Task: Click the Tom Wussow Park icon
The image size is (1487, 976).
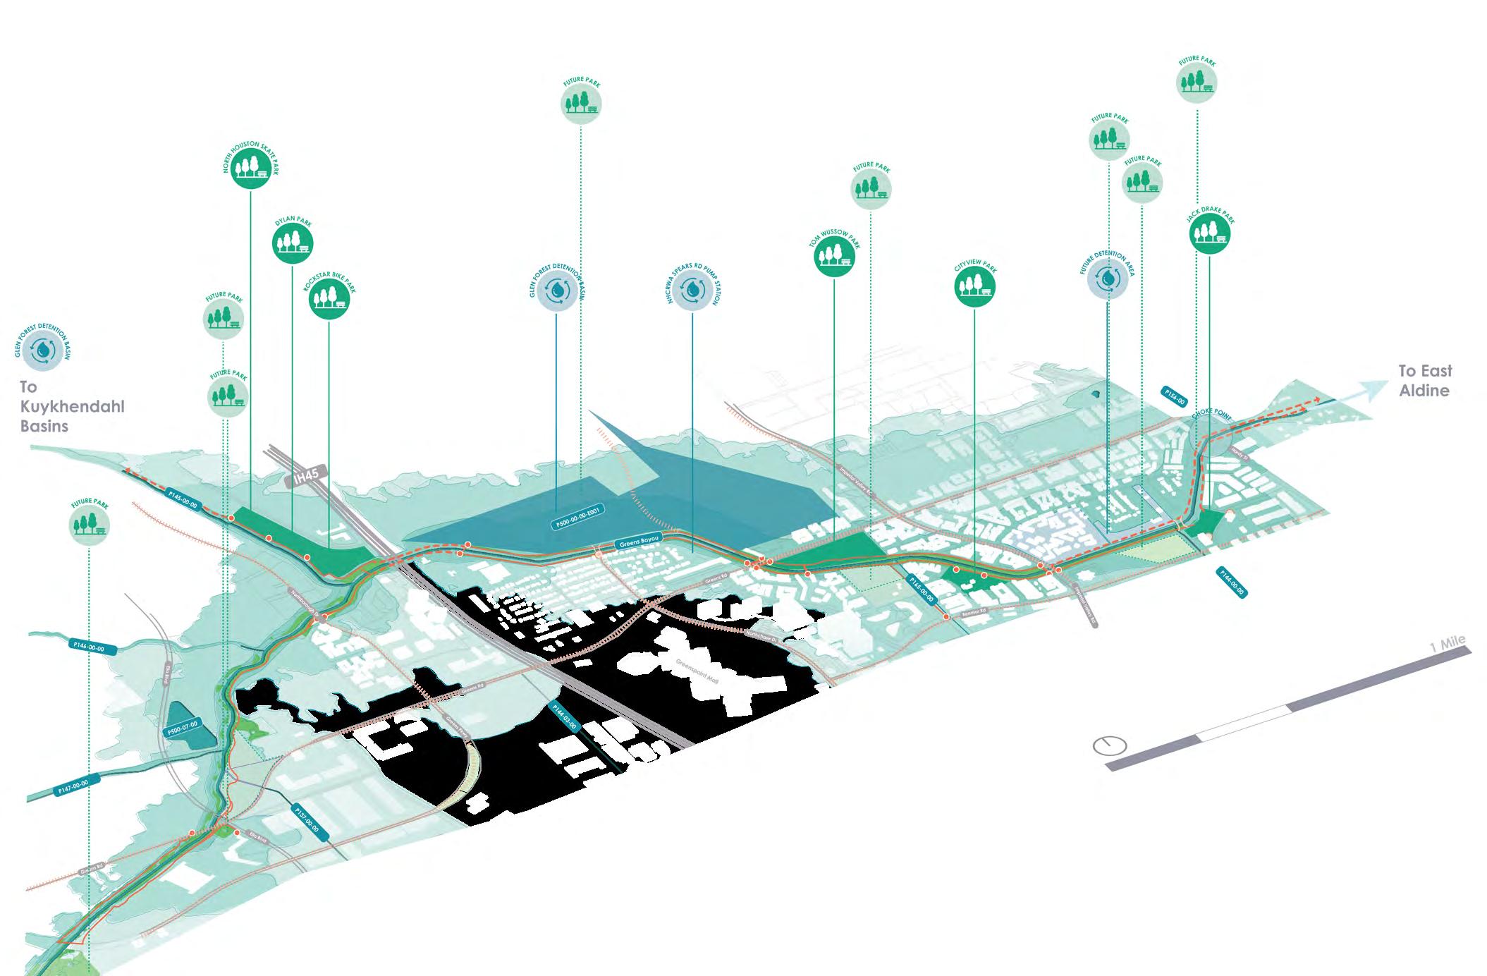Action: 835,257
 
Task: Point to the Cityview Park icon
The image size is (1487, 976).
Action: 975,287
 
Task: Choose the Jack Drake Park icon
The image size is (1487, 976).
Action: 1210,233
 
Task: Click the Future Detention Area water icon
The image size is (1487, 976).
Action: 1108,278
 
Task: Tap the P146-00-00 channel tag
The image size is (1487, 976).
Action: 88,646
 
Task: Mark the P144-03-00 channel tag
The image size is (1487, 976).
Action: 565,717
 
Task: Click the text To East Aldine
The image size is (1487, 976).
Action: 1424,381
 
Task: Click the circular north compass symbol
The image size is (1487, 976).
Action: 1109,745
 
